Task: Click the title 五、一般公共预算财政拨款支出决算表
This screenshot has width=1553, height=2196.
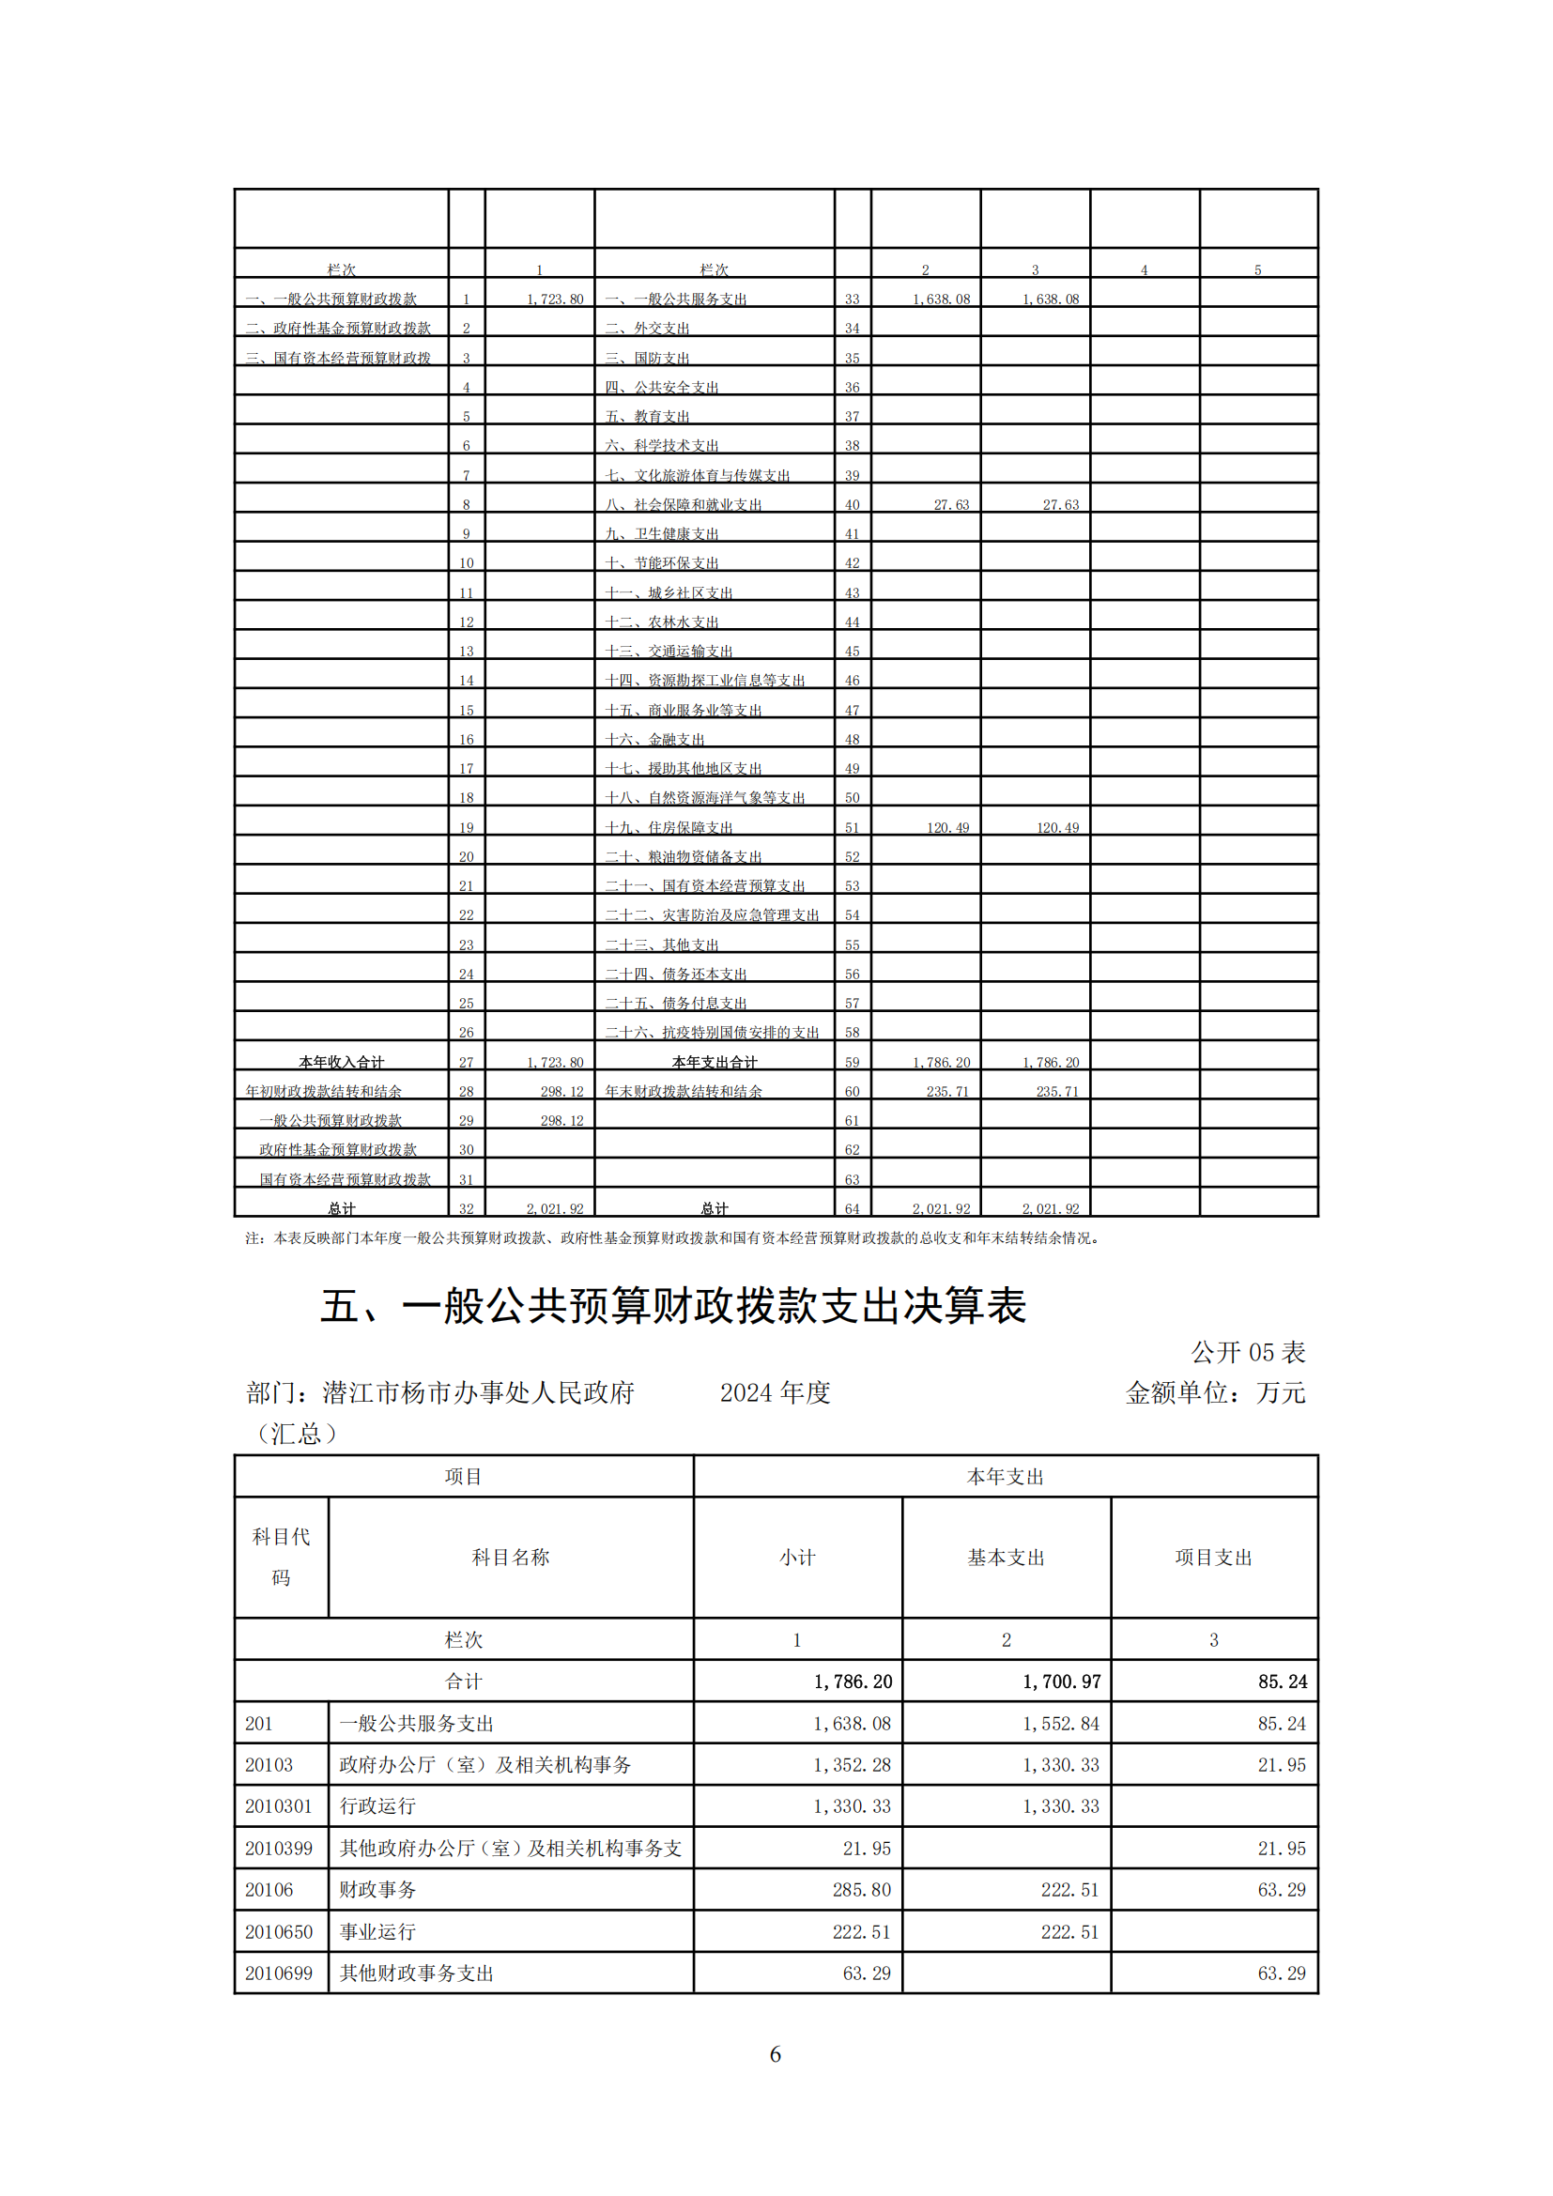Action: [673, 1307]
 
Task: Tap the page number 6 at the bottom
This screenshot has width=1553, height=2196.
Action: [776, 2054]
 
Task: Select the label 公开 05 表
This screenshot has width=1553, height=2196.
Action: [1248, 1352]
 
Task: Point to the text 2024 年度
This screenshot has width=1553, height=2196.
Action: [775, 1392]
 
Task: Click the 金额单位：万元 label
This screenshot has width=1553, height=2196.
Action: [1214, 1392]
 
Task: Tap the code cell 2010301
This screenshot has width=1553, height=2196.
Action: [278, 1806]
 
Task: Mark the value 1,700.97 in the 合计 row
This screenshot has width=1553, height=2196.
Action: [1062, 1682]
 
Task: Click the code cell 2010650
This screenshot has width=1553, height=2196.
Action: [278, 1932]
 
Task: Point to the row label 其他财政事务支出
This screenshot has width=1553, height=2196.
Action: [416, 1973]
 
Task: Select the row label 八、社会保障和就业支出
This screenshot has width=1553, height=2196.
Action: [684, 504]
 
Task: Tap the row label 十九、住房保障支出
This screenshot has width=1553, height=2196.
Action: [669, 827]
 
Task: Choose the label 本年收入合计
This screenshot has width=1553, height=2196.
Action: [341, 1062]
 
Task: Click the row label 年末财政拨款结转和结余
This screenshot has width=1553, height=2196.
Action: [684, 1091]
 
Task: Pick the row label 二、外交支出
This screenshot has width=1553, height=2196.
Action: [648, 328]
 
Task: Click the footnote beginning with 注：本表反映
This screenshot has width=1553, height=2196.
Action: [672, 1238]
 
